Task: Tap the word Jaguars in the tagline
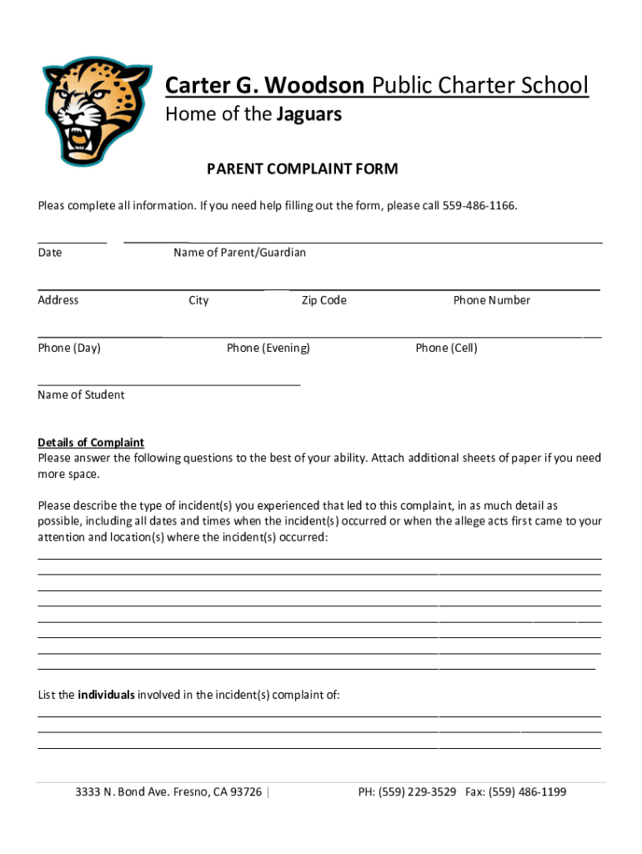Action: (308, 115)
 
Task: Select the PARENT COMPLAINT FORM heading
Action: (302, 169)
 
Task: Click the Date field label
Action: (50, 252)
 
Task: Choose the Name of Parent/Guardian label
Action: (239, 252)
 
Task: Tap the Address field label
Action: (58, 300)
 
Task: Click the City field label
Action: (198, 300)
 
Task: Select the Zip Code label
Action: (324, 300)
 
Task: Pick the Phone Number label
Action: (491, 300)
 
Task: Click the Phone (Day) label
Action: (69, 348)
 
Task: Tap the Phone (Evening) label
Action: (268, 348)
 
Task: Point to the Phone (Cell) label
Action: (446, 348)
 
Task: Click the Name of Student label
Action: (81, 394)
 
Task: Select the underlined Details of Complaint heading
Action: (91, 442)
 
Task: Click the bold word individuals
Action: (106, 694)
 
